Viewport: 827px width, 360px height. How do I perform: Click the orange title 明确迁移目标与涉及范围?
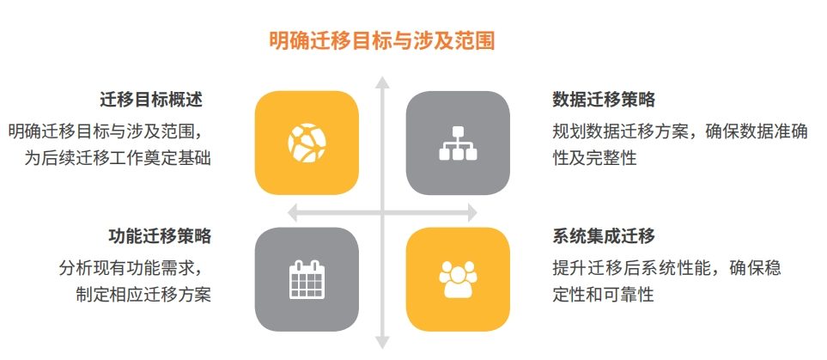pyautogui.click(x=382, y=40)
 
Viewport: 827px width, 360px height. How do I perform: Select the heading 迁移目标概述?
pyautogui.click(x=151, y=100)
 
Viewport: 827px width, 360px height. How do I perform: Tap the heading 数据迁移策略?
pyautogui.click(x=604, y=100)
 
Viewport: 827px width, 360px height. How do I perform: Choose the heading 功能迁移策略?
pyautogui.click(x=160, y=236)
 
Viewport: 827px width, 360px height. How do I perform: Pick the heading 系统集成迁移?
pyautogui.click(x=604, y=236)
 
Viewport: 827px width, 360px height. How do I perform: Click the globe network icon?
pyautogui.click(x=307, y=143)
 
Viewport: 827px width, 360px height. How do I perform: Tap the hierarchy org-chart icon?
pyautogui.click(x=458, y=143)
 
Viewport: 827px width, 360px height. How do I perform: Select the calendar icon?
pyautogui.click(x=307, y=279)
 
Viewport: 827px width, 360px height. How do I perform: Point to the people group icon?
pyautogui.click(x=458, y=279)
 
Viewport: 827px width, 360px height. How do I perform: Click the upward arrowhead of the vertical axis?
pyautogui.click(x=382, y=82)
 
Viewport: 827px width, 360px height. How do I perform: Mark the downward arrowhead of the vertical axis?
pyautogui.click(x=382, y=343)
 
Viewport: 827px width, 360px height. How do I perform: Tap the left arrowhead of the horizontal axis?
pyautogui.click(x=293, y=213)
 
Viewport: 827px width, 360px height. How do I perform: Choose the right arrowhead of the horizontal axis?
pyautogui.click(x=472, y=213)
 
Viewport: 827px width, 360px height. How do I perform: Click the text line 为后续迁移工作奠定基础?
pyautogui.click(x=119, y=158)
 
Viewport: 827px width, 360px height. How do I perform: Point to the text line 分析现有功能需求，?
pyautogui.click(x=131, y=268)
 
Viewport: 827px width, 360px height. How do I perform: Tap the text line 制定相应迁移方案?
pyautogui.click(x=143, y=294)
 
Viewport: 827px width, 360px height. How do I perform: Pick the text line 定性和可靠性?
pyautogui.click(x=604, y=294)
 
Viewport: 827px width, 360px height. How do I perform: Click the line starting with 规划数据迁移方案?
pyautogui.click(x=680, y=131)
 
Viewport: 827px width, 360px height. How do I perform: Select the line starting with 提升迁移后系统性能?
pyautogui.click(x=666, y=268)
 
